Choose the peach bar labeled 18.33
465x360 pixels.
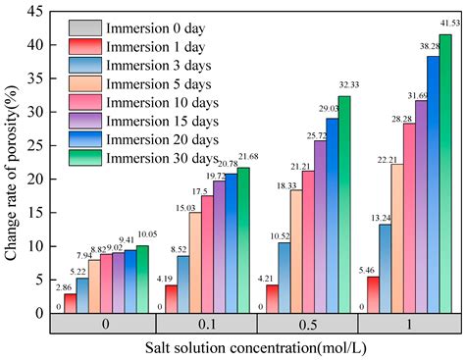coord(293,251)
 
